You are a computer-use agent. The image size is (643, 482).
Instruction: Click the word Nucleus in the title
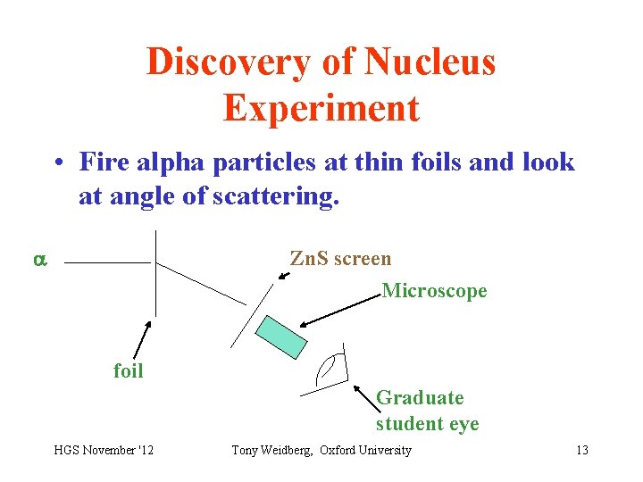430,62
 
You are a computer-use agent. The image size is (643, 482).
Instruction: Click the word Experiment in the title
321,108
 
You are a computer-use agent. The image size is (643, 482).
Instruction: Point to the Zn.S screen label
340,259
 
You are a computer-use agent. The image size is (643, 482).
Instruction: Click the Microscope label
434,291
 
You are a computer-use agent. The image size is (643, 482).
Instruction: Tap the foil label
128,370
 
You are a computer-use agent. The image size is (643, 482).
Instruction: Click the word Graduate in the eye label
420,397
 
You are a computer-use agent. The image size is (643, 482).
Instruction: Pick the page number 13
582,450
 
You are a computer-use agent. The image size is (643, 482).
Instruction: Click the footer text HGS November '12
103,450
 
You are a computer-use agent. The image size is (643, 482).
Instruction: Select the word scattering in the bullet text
282,195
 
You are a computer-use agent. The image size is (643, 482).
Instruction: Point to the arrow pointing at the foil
141,340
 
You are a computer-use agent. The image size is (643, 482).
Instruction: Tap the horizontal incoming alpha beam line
107,263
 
